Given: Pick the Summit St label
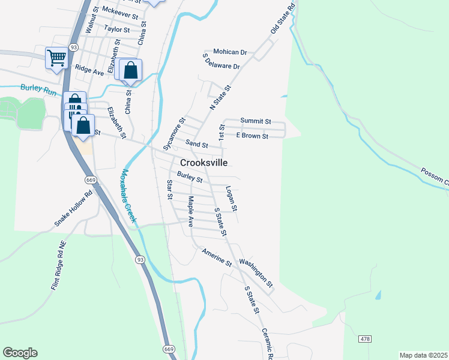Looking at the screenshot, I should pyautogui.click(x=256, y=121).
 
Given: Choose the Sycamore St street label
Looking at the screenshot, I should pyautogui.click(x=172, y=136).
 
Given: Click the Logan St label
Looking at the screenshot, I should pyautogui.click(x=232, y=199).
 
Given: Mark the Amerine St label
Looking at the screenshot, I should pyautogui.click(x=217, y=257).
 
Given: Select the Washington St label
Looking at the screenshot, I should pyautogui.click(x=256, y=272).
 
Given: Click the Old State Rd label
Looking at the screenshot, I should pyautogui.click(x=284, y=18).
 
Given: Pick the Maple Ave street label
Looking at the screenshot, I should pyautogui.click(x=190, y=211).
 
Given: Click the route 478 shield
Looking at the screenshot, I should pyautogui.click(x=365, y=340).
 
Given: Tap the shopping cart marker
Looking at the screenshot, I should pyautogui.click(x=56, y=58).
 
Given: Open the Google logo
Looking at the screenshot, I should pyautogui.click(x=20, y=353).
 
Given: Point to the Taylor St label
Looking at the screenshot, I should pyautogui.click(x=116, y=29).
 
